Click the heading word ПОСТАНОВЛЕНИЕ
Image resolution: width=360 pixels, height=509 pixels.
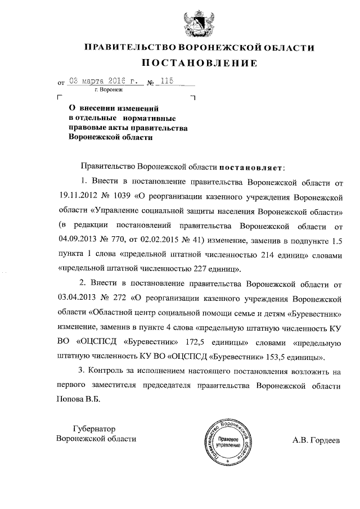(x=199, y=62)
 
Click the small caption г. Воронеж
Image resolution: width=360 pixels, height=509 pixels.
(x=109, y=89)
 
